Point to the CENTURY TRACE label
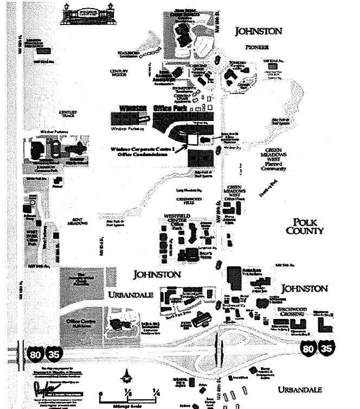tap(69, 114)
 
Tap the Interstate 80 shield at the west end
tap(34, 354)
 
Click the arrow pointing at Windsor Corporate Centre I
tap(179, 143)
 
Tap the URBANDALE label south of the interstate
tap(299, 389)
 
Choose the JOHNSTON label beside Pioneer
tap(258, 31)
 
